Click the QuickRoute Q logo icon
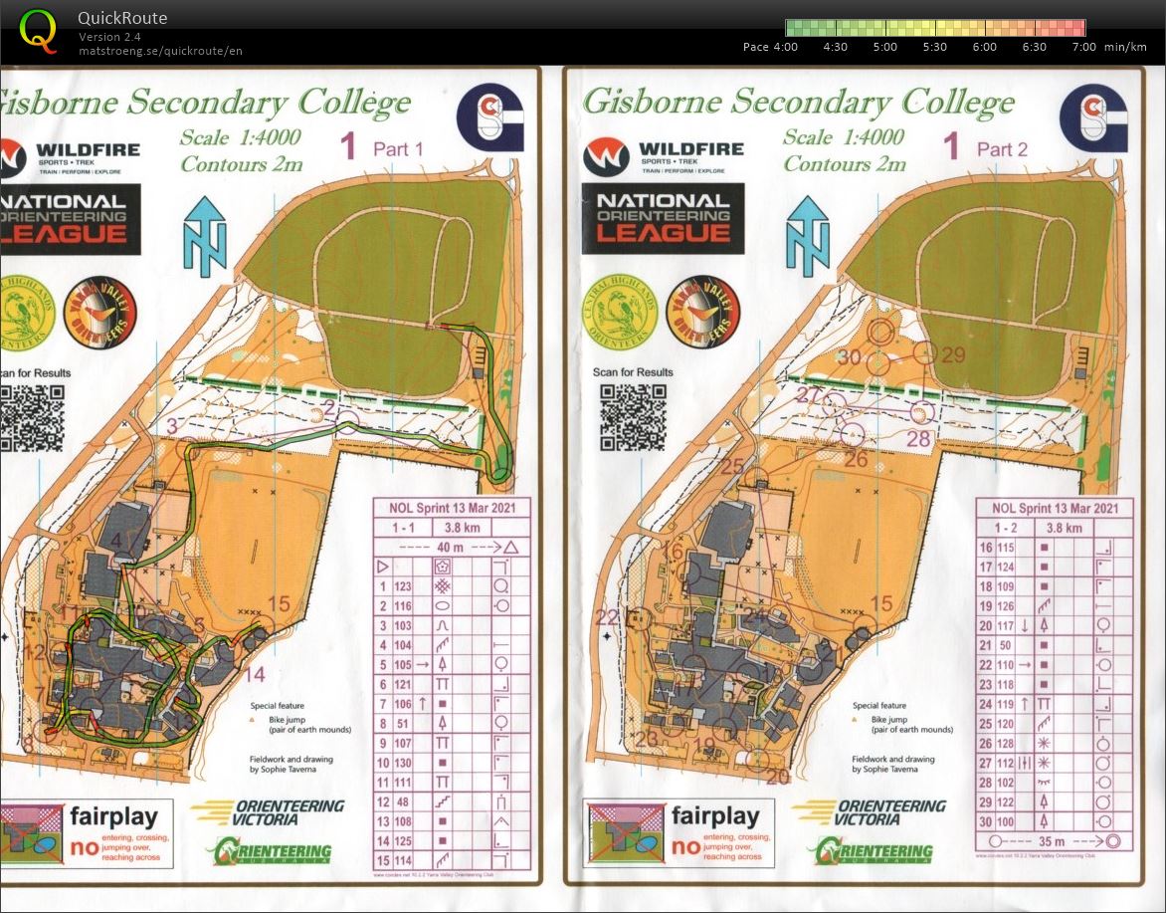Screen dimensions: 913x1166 [38, 31]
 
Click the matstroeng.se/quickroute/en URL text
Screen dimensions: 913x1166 [160, 51]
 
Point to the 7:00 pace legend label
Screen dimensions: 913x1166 [1083, 47]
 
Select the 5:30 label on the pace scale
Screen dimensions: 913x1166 [935, 47]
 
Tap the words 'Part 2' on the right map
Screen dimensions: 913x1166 [1002, 149]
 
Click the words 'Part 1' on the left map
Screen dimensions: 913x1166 [398, 149]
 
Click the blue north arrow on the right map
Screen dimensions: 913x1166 [807, 236]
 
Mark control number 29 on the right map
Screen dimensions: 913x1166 [953, 355]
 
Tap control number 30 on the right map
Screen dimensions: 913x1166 [848, 357]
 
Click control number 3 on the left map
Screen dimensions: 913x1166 [172, 426]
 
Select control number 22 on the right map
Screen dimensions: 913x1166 [607, 617]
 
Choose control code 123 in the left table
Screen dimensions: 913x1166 [403, 587]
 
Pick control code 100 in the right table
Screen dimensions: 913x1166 [1006, 821]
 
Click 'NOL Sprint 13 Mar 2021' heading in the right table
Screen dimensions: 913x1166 [1055, 508]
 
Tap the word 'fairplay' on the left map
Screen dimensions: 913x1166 [113, 818]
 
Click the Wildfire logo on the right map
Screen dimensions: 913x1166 [663, 157]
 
